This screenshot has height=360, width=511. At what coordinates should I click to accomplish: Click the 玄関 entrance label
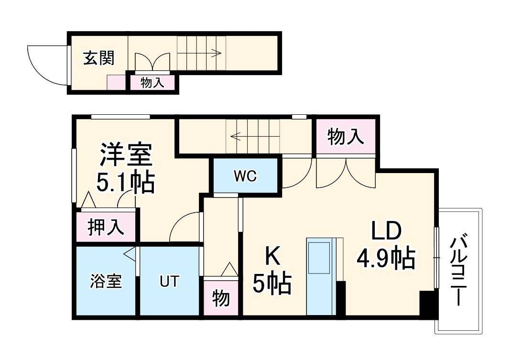pyautogui.click(x=99, y=59)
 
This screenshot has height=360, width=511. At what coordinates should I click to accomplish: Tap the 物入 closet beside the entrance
pyautogui.click(x=153, y=83)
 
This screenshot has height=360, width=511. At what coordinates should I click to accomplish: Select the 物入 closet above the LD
pyautogui.click(x=346, y=137)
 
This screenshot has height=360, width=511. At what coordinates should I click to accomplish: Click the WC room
pyautogui.click(x=246, y=176)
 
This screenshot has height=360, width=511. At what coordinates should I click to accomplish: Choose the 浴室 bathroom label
pyautogui.click(x=106, y=282)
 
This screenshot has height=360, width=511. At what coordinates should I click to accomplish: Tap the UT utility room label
pyautogui.click(x=169, y=282)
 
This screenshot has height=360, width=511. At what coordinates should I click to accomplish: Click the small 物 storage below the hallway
pyautogui.click(x=221, y=299)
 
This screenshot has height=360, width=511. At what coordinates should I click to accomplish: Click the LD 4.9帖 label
pyautogui.click(x=385, y=246)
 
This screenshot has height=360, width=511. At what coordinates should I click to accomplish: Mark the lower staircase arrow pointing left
pyautogui.click(x=253, y=136)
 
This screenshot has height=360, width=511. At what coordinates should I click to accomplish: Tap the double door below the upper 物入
pyautogui.click(x=346, y=172)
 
